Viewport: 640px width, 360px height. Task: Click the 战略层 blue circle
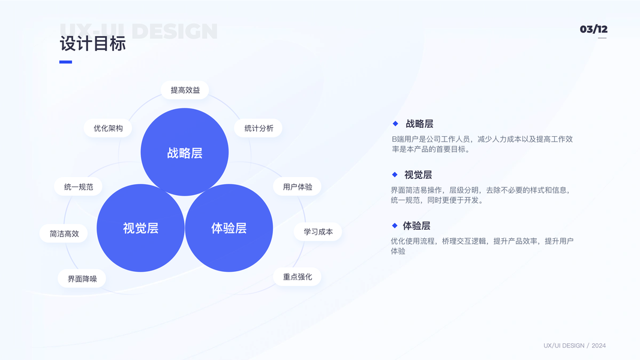[x=185, y=152]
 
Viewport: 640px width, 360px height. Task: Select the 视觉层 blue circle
[x=140, y=228]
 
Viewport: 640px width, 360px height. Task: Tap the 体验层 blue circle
[x=229, y=228]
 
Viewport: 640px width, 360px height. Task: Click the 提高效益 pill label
[x=185, y=90]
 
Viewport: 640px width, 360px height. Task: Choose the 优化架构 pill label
[x=108, y=128]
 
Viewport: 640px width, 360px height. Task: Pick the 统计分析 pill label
[x=259, y=128]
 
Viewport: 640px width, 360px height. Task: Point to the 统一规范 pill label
[x=79, y=187]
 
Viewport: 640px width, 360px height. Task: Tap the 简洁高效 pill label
[x=64, y=233]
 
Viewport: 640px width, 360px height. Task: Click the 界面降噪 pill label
[x=82, y=278]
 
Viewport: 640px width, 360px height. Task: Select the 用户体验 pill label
[x=298, y=187]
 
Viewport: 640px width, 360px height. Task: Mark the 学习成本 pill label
[x=318, y=232]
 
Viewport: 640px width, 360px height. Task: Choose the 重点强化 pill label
[x=298, y=277]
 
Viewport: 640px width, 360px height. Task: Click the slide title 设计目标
[x=93, y=44]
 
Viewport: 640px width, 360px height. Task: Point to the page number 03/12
[x=593, y=29]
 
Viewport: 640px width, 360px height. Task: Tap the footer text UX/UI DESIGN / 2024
[x=575, y=346]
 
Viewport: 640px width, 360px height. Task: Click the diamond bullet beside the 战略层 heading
[x=395, y=124]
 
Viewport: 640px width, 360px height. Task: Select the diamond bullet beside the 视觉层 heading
[x=395, y=175]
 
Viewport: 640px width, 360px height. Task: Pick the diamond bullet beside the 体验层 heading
[x=395, y=226]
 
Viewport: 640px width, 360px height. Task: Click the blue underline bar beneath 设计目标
[x=65, y=62]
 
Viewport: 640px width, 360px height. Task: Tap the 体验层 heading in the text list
[x=416, y=226]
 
